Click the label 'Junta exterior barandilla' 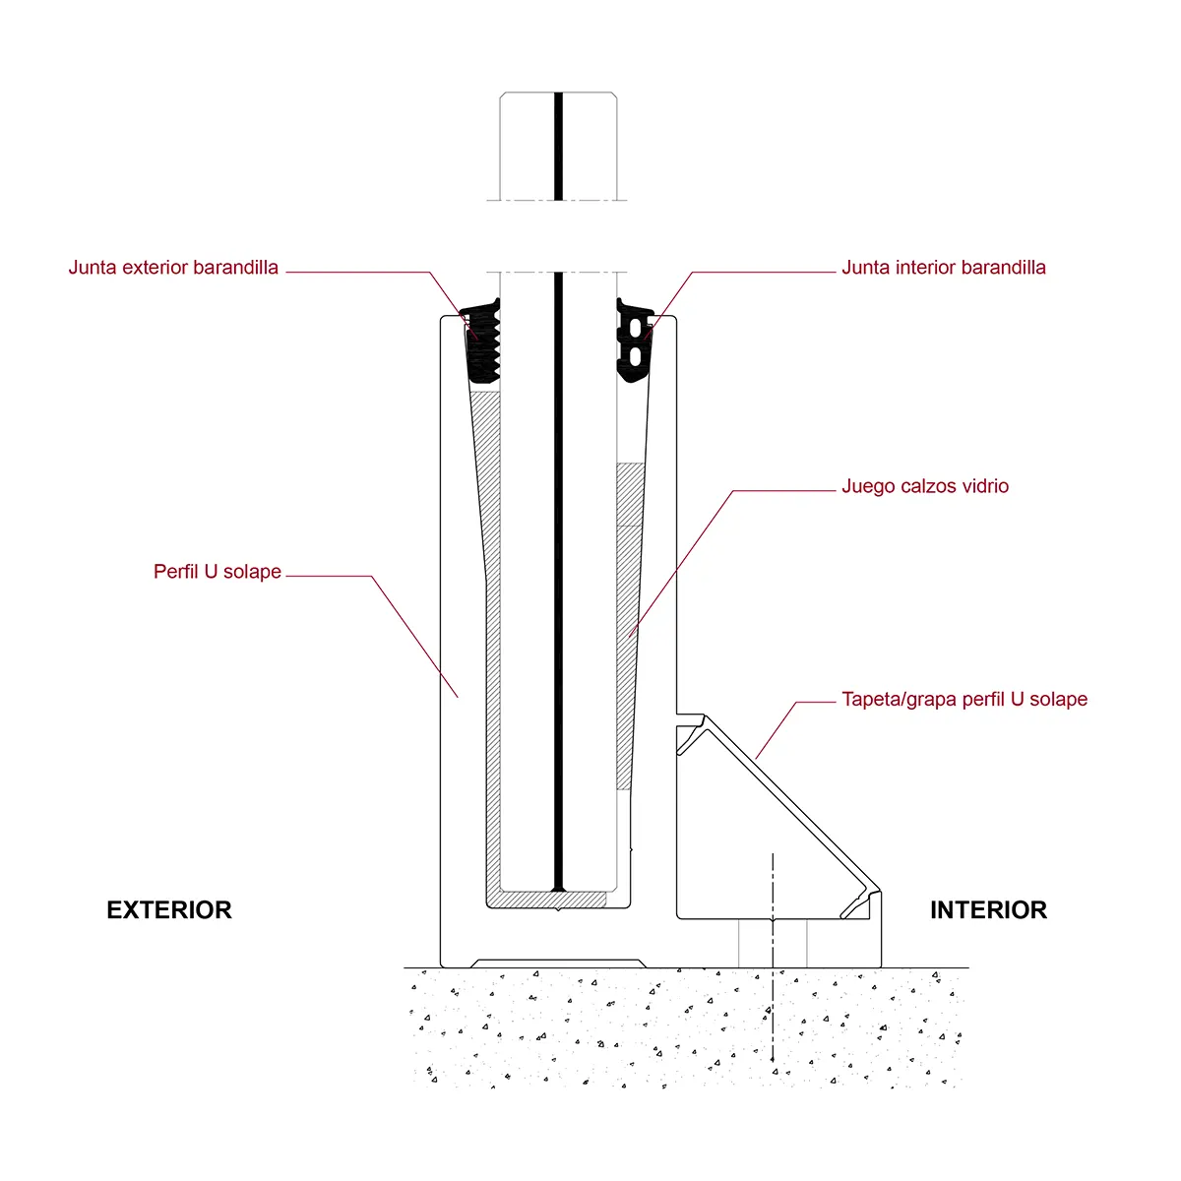pos(173,268)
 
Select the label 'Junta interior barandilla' pos(943,268)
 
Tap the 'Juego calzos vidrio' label pos(924,486)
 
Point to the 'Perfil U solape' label pos(218,572)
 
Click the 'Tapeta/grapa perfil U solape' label pos(964,700)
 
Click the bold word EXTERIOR pos(169,910)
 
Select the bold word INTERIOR pos(988,910)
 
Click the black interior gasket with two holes pos(635,342)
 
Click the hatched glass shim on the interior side pos(626,630)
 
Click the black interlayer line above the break pos(558,148)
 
